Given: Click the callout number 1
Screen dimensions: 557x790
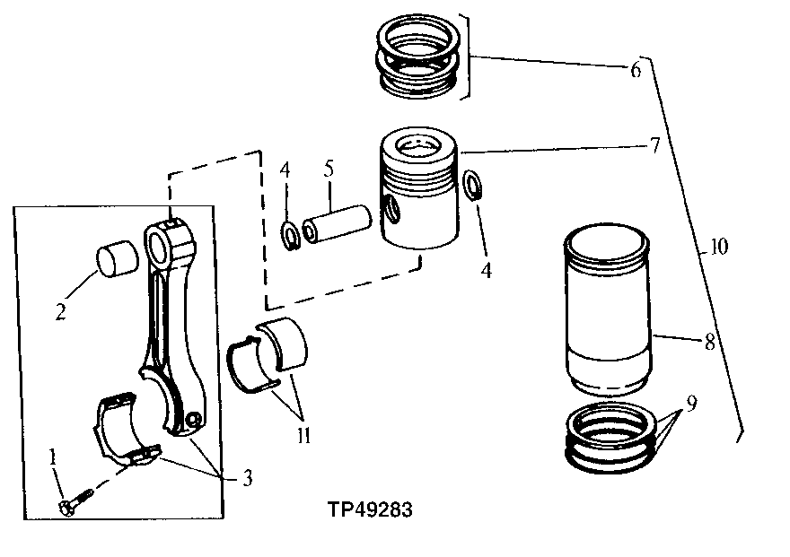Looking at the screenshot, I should pos(53,457).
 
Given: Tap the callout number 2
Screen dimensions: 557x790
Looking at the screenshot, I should pos(59,313).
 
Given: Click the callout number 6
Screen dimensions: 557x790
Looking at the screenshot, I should pos(635,70).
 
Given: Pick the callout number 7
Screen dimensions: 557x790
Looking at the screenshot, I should pos(655,144).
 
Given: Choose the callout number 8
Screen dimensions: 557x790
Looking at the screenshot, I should pos(709,342).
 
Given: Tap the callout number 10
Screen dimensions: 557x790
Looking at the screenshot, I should pos(718,245).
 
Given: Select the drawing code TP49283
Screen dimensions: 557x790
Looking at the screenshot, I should pos(369,511).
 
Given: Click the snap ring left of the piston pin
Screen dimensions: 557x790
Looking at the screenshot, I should pos(289,237).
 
